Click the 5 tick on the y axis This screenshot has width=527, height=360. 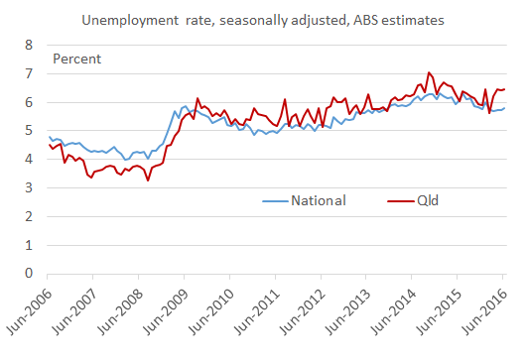coord(29,131)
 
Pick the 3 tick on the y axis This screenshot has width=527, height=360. coord(29,188)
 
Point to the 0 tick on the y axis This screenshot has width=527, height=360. coord(29,274)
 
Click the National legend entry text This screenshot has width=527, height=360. coord(318,201)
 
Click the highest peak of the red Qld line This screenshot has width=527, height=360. coord(428,72)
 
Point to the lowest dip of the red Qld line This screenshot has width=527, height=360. coord(148,180)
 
